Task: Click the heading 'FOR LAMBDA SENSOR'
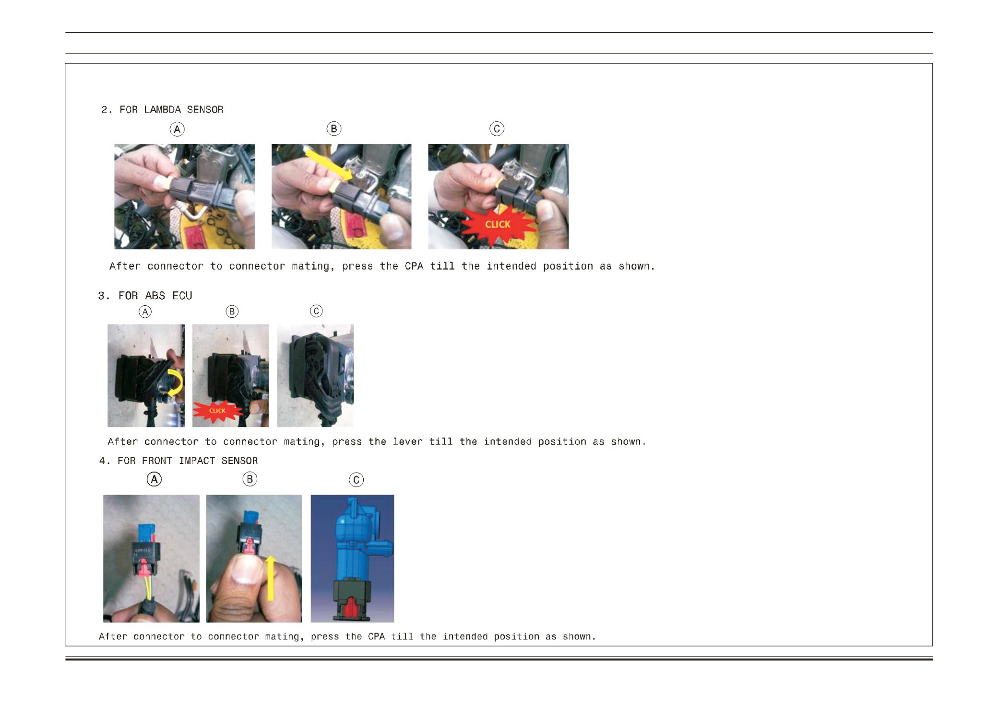pos(171,110)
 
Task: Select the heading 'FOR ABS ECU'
pos(155,296)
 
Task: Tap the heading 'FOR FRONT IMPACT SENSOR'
pos(187,461)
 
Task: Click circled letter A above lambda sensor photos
pos(177,129)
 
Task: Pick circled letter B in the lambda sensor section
pos(333,128)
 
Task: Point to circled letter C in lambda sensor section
pos(497,128)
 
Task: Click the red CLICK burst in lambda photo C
pos(498,224)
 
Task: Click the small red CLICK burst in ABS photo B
pos(217,411)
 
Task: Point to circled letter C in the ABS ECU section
pos(316,311)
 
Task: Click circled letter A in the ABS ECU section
pos(145,312)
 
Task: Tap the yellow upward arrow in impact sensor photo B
pos(271,578)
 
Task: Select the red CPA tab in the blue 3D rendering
pos(351,606)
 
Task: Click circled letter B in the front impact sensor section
pos(250,479)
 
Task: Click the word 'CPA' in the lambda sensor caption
pos(414,266)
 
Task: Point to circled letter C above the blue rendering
pos(356,480)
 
